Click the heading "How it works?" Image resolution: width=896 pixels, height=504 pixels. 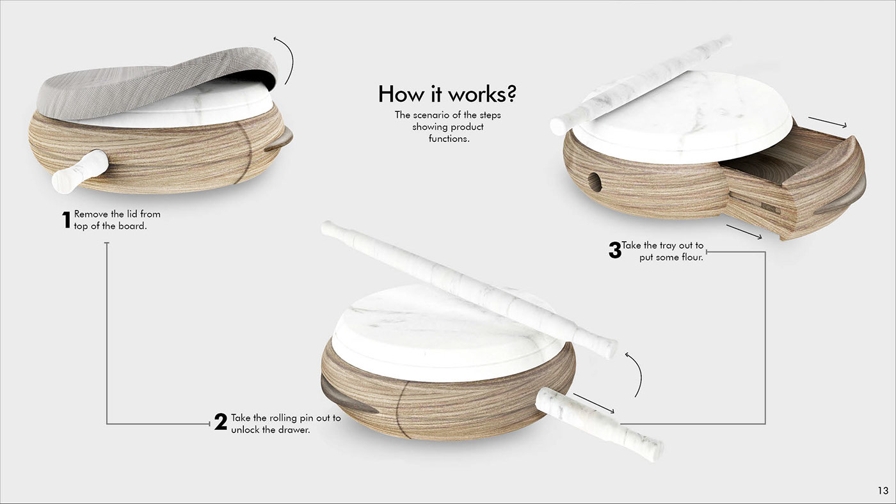tap(447, 94)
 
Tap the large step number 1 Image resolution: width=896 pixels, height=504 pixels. tap(67, 220)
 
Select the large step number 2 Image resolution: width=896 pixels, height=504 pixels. tap(220, 421)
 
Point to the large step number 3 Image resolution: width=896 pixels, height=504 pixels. tap(615, 250)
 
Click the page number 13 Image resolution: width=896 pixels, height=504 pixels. tap(883, 491)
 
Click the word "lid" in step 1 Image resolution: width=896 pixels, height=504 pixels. tap(132, 214)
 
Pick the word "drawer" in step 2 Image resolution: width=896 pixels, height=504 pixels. tap(293, 430)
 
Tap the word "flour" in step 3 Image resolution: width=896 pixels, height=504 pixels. tap(692, 257)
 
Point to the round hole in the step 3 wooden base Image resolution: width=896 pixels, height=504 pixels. tap(595, 182)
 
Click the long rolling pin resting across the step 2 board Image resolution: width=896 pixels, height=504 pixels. tap(468, 288)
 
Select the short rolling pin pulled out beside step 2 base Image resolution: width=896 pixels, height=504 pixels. tap(599, 423)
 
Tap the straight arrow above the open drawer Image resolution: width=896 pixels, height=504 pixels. tap(827, 122)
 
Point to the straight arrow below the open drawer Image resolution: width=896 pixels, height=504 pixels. tap(744, 232)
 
